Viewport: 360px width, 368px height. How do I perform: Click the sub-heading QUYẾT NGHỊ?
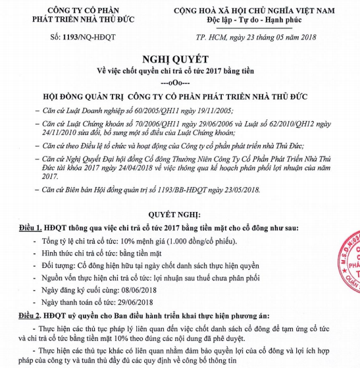point(182,215)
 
